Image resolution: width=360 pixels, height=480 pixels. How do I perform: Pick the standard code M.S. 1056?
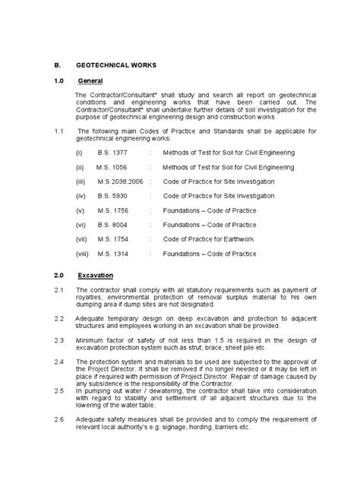coord(112,166)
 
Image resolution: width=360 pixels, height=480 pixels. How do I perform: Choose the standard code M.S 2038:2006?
coord(119,181)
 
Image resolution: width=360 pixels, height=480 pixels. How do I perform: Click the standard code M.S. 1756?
coord(113,210)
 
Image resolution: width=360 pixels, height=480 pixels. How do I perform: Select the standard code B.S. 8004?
coord(113,224)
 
